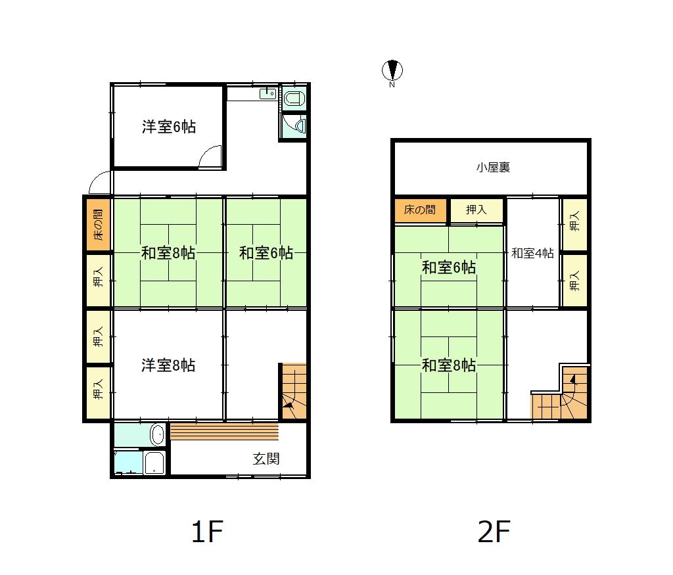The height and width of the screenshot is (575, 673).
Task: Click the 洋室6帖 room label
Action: [x=169, y=127]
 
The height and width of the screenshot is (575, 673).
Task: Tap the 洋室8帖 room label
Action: [x=168, y=365]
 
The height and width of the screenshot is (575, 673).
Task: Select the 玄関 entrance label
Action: [x=266, y=459]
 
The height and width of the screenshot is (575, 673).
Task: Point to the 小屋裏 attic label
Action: [x=493, y=167]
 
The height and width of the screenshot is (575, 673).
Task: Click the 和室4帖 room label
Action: [x=532, y=253]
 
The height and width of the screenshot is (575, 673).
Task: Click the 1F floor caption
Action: [x=207, y=532]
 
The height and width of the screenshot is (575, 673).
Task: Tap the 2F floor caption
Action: [x=494, y=532]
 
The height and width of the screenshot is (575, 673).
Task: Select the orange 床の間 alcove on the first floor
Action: [x=99, y=225]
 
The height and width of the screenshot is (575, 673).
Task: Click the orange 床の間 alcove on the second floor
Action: [x=421, y=210]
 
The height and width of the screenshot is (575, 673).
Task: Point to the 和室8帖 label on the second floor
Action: [x=449, y=365]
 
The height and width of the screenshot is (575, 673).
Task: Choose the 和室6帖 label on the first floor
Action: [x=266, y=253]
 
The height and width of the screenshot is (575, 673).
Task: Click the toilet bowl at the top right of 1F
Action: [x=294, y=99]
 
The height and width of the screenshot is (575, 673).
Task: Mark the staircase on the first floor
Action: [x=294, y=392]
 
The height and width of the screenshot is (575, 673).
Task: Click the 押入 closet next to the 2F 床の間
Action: [x=476, y=210]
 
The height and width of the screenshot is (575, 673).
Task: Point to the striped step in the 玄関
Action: [x=225, y=431]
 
